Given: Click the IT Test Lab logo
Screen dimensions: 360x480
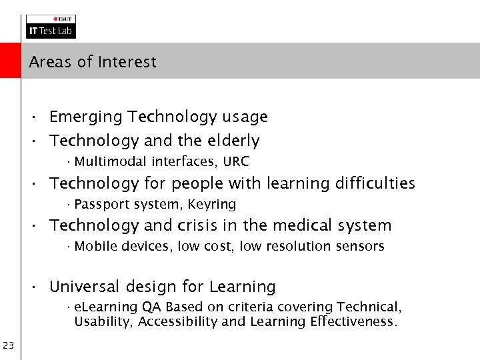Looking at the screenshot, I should pyautogui.click(x=51, y=27).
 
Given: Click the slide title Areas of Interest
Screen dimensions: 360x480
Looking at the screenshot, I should pyautogui.click(x=93, y=63).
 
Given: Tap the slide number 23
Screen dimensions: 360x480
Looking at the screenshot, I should pyautogui.click(x=9, y=345).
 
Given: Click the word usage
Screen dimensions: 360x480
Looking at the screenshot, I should pyautogui.click(x=245, y=117).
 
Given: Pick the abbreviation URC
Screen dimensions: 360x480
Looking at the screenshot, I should pyautogui.click(x=237, y=161).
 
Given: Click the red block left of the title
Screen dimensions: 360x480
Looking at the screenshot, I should pyautogui.click(x=10, y=61).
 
